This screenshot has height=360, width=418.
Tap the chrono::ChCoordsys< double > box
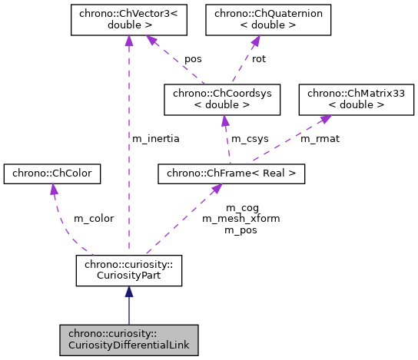[x=222, y=98]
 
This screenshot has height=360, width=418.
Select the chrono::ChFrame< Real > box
[x=231, y=174]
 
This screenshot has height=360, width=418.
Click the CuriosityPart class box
[x=128, y=271]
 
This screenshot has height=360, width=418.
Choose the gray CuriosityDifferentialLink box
[x=128, y=339]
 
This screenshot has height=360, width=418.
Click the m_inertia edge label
[x=156, y=139]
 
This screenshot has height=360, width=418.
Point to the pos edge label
[x=192, y=59]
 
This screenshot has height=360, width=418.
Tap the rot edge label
[x=258, y=59]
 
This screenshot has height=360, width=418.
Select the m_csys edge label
[x=250, y=139]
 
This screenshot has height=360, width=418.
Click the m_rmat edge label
[x=320, y=139]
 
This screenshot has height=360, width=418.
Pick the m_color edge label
[x=93, y=218]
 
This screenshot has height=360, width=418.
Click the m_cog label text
[x=242, y=207]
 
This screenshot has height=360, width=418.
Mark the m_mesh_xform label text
[x=241, y=218]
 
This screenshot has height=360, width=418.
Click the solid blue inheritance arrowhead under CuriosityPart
[x=128, y=293]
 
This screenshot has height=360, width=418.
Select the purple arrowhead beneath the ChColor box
[x=52, y=191]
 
